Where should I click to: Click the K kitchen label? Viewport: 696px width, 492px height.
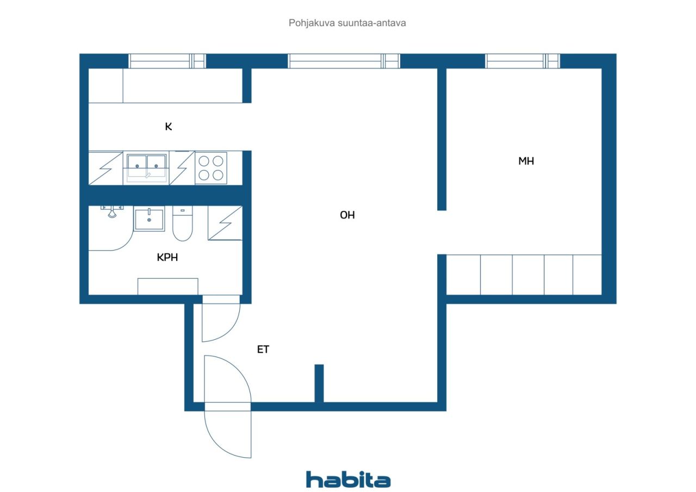[169, 127]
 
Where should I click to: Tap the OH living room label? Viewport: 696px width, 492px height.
[347, 215]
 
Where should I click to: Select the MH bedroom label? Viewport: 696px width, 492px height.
[526, 161]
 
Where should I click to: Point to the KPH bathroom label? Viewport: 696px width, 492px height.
[167, 257]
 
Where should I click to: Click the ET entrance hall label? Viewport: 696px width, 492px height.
[263, 350]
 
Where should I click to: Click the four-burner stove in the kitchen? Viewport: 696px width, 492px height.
[211, 168]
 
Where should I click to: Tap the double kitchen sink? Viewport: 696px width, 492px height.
[146, 168]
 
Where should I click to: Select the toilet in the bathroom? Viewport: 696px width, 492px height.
[183, 223]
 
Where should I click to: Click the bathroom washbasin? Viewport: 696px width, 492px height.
[149, 219]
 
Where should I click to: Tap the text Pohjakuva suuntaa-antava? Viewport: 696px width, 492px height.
[347, 23]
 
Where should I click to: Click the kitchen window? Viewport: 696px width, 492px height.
[167, 61]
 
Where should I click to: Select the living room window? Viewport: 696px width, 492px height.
[344, 61]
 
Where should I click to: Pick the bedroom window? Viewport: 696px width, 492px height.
[523, 61]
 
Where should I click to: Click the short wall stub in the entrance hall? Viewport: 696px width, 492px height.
[319, 383]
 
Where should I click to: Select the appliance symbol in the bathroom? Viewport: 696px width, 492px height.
[225, 223]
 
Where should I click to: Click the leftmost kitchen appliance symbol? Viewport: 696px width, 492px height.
[105, 168]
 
